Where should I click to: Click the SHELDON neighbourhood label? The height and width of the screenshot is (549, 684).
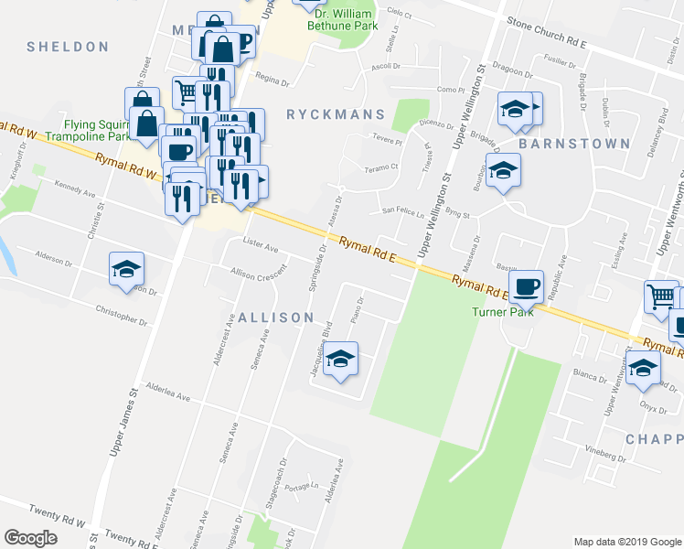coord(68,47)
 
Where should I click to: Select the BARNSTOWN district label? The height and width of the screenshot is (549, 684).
coord(574,144)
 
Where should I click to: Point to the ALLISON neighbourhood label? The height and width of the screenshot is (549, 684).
coord(275,318)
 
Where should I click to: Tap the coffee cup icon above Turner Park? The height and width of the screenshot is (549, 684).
coord(526,286)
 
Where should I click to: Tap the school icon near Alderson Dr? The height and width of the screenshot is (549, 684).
coord(126,268)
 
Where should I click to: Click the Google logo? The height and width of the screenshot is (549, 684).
coord(30,538)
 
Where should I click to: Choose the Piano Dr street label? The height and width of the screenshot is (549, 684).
coord(357,312)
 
